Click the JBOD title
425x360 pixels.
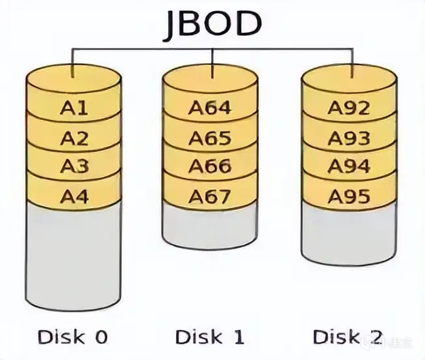(x=212, y=24)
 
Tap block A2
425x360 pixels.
(x=74, y=138)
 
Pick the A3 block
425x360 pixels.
(x=74, y=166)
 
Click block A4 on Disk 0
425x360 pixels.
(x=74, y=195)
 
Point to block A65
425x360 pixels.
(x=210, y=138)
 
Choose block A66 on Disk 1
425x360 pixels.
(x=210, y=166)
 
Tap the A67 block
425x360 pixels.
(x=210, y=195)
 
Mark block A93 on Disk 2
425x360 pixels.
(x=349, y=138)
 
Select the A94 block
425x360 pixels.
(x=349, y=166)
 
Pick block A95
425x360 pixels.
(x=349, y=195)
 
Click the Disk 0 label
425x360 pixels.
(x=72, y=337)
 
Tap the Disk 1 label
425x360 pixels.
(x=210, y=337)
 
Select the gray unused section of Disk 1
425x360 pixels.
(x=210, y=225)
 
